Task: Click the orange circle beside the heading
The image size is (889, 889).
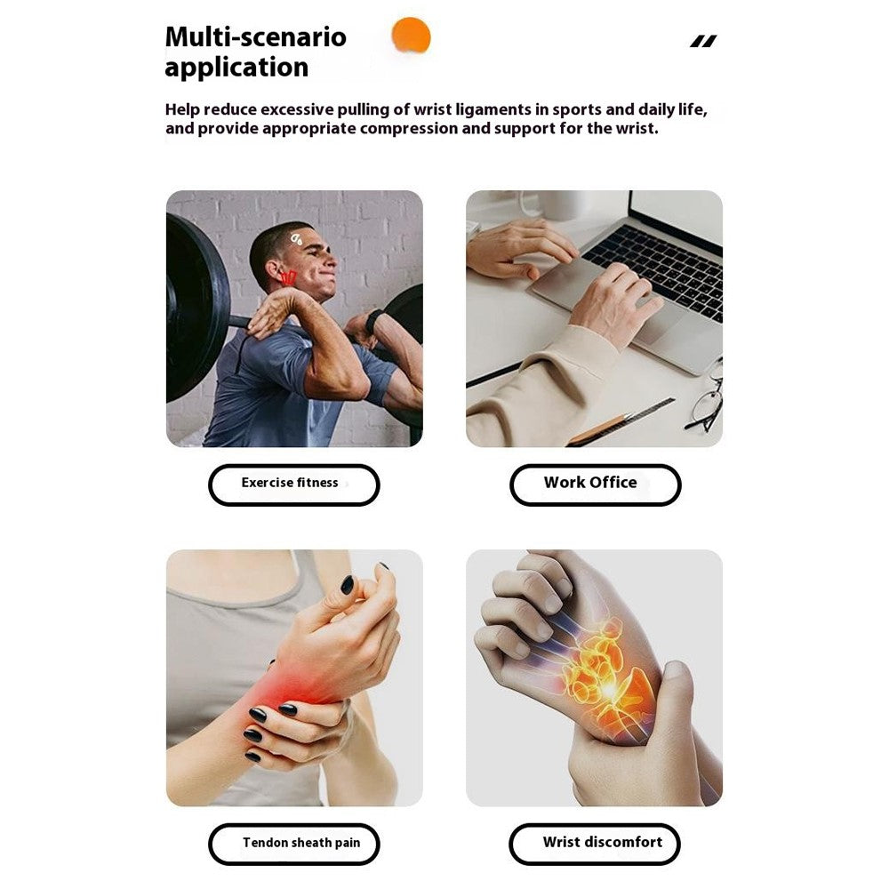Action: [x=411, y=36]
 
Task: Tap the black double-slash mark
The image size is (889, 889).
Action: [x=703, y=41]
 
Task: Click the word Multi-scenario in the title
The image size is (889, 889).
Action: [x=256, y=37]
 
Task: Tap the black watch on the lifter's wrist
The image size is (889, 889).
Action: [x=373, y=322]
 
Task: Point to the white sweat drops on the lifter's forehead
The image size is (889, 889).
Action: [x=297, y=239]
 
